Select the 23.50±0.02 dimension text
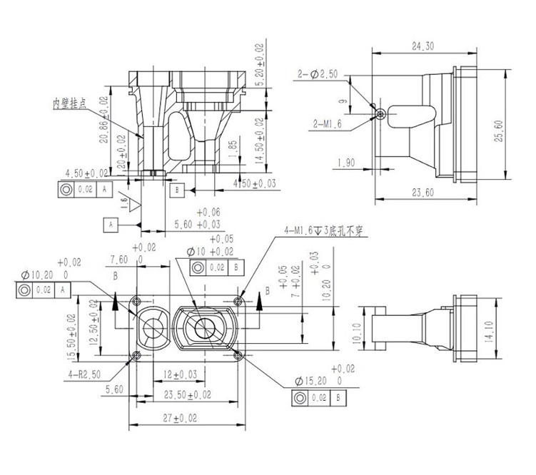188,394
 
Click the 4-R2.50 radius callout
86,372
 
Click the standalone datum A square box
111,224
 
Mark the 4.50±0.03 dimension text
256,184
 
